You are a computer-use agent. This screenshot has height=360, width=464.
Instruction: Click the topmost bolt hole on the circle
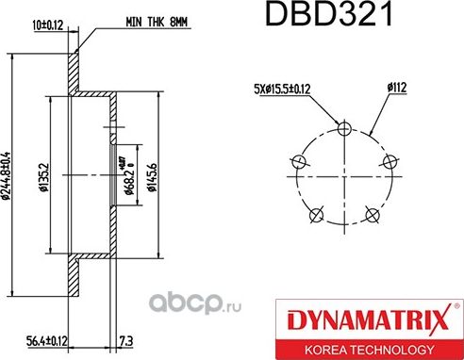point(344,129)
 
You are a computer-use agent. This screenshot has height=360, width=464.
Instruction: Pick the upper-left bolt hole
point(299,162)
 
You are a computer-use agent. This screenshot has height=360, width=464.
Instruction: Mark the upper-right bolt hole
point(389,162)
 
